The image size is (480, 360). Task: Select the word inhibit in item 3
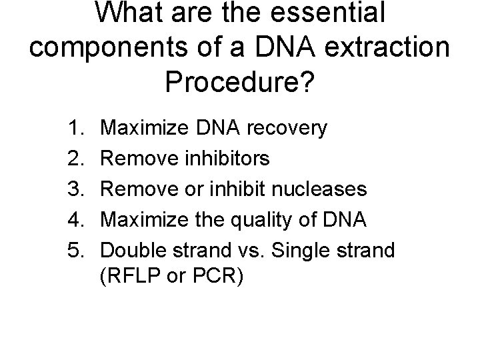[238, 189]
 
